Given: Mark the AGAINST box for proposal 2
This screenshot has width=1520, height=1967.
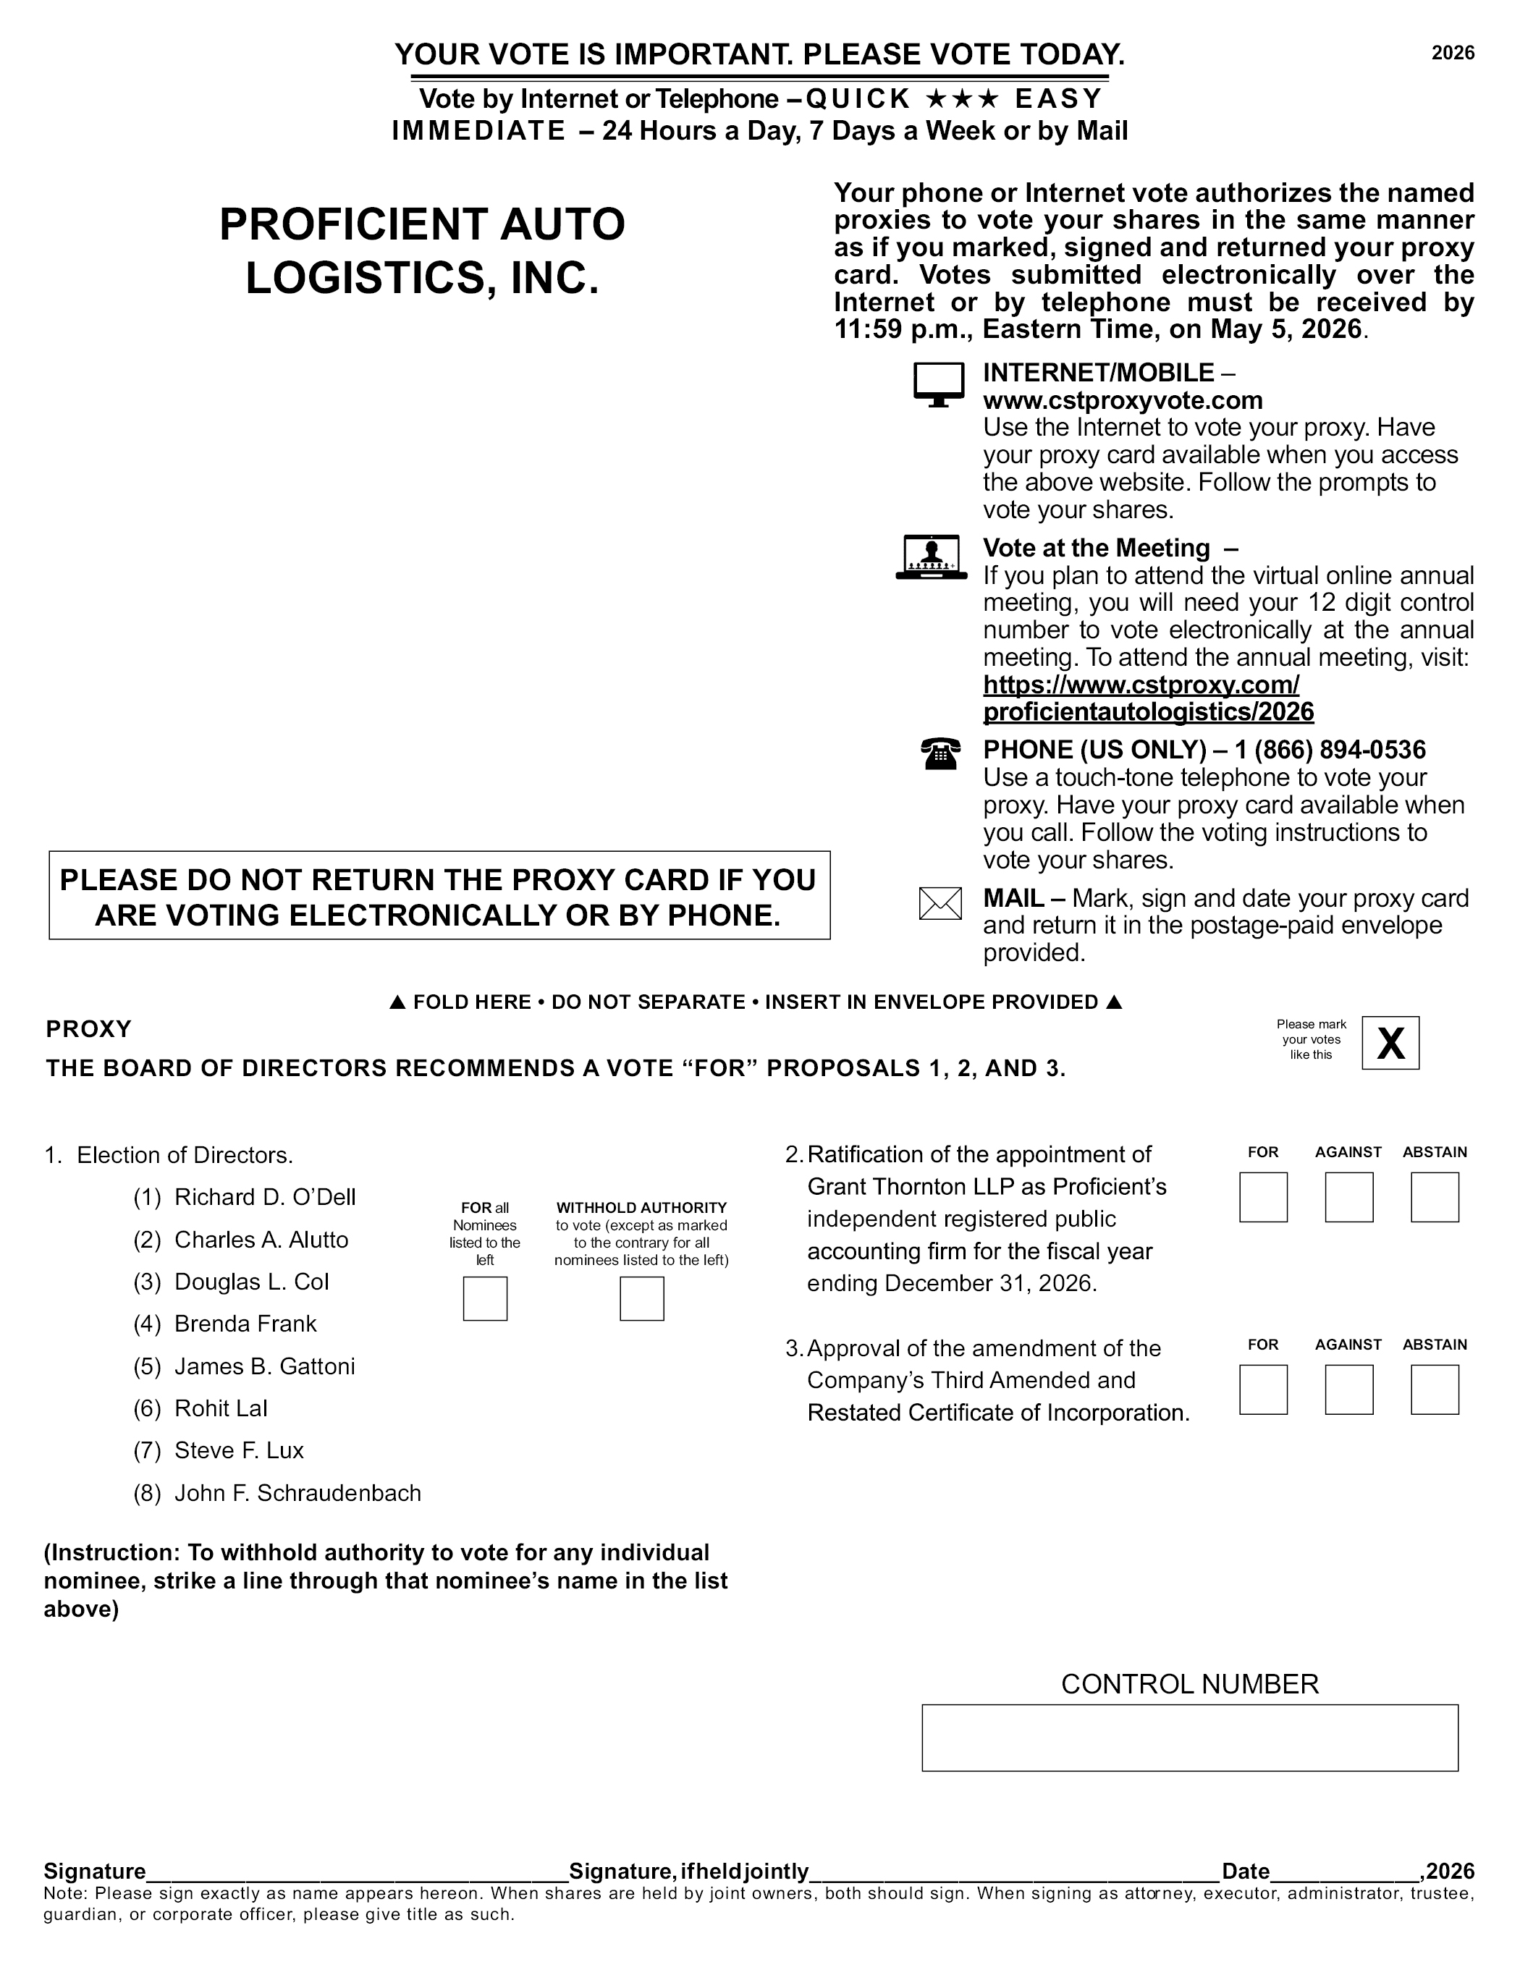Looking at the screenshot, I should [x=1348, y=1197].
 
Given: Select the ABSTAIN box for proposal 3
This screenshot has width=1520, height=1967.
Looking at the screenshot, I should [x=1435, y=1389].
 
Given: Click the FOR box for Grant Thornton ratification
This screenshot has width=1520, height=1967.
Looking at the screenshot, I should [x=1263, y=1197].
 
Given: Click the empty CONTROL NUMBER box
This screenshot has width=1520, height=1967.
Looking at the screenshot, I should [x=1189, y=1738].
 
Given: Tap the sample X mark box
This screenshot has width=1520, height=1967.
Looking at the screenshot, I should [x=1390, y=1043].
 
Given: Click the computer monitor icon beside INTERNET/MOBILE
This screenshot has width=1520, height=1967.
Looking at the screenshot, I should [x=939, y=384].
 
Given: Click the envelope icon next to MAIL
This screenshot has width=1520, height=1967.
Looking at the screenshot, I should [x=940, y=903].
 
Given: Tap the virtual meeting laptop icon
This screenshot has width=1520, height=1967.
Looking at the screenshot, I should [x=932, y=557].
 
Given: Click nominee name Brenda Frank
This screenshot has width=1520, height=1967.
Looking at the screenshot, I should [x=245, y=1324].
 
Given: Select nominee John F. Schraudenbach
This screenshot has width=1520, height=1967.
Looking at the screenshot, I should [x=297, y=1492].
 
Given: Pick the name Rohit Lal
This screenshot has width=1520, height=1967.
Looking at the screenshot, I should [x=221, y=1408].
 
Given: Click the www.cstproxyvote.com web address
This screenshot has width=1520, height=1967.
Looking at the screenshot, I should [x=1123, y=400].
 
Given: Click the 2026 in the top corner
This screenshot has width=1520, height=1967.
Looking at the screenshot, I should [x=1453, y=53].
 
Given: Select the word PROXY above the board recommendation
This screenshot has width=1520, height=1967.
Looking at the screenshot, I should [x=88, y=1028].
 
